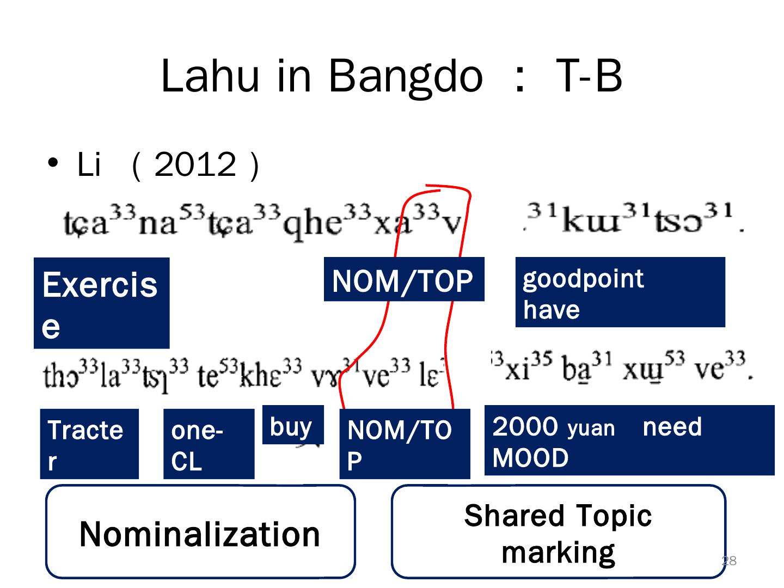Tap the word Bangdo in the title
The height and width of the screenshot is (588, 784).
[x=405, y=76]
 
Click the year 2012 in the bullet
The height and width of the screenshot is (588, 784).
[x=195, y=164]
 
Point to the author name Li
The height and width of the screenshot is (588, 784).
[x=89, y=164]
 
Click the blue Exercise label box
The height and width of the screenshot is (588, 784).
[x=101, y=303]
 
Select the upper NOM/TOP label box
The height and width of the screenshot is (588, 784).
[x=403, y=280]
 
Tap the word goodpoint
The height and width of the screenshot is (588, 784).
[x=583, y=279]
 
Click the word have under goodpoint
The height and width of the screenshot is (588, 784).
[x=551, y=310]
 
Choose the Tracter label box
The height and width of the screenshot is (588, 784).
[x=89, y=444]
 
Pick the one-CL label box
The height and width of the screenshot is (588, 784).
[x=209, y=444]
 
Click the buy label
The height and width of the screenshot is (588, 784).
[x=292, y=426]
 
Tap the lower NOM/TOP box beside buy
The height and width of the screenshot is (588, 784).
[x=404, y=444]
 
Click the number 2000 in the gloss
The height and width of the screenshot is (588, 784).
[x=525, y=427]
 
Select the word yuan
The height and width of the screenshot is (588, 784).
[x=591, y=428]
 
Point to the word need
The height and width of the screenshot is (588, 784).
[x=672, y=427]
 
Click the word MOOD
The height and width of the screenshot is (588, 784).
[x=530, y=458]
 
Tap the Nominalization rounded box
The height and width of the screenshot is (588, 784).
[x=200, y=532]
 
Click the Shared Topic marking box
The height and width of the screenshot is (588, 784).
[x=558, y=532]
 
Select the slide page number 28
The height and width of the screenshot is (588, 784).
[x=729, y=561]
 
